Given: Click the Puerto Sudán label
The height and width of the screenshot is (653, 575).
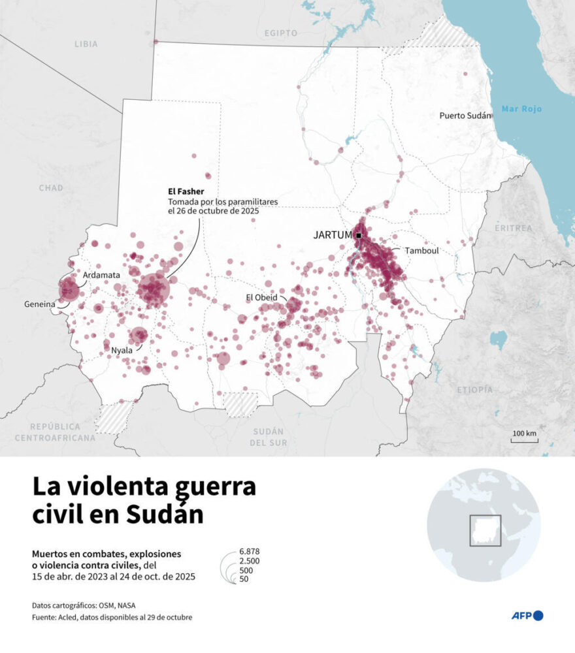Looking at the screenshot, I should (464, 116).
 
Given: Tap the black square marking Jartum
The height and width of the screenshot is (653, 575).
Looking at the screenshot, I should (359, 235).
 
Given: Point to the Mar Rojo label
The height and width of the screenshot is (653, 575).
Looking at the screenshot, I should (521, 109).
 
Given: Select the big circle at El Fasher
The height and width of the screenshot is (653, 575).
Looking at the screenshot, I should (154, 288).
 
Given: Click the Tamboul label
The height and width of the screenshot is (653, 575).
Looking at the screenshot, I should (421, 251).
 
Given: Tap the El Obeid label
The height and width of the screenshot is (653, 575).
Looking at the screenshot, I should (261, 298).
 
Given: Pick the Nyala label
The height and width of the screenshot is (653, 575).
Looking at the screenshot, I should (122, 351).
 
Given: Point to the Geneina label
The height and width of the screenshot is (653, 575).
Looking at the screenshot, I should (39, 304).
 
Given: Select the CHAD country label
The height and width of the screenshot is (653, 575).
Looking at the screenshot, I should (50, 188).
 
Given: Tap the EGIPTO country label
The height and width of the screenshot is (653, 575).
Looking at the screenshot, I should (281, 33).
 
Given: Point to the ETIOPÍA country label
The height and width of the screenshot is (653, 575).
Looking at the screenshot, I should (475, 389).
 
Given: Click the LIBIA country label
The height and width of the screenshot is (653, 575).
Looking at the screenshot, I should (86, 44).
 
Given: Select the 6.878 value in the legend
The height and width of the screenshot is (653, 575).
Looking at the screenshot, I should (250, 552).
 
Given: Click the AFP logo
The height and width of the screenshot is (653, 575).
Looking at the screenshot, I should (527, 615).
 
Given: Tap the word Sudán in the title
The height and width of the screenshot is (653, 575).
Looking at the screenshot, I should (164, 513).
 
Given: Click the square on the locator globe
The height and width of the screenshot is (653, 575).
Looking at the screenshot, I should (485, 530).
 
